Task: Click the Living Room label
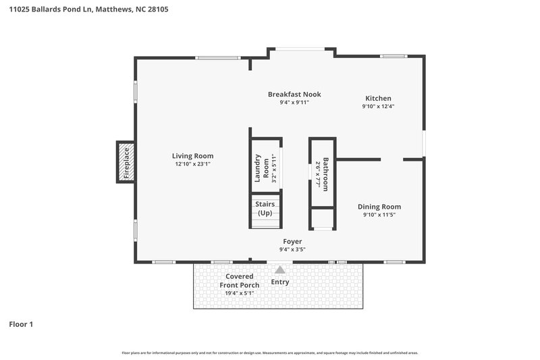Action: pyautogui.click(x=192, y=156)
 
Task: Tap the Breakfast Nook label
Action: pyautogui.click(x=294, y=95)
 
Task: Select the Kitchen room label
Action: pyautogui.click(x=378, y=98)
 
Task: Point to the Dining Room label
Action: pyautogui.click(x=379, y=207)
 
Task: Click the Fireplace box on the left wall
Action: pyautogui.click(x=126, y=162)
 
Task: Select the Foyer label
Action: pyautogui.click(x=292, y=241)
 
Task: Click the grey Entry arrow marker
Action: pyautogui.click(x=279, y=269)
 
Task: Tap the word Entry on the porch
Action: pyautogui.click(x=279, y=282)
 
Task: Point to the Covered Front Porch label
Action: pyautogui.click(x=240, y=280)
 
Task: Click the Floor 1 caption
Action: pyautogui.click(x=21, y=324)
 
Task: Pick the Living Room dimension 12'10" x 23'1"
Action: pyautogui.click(x=192, y=164)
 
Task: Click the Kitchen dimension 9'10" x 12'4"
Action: pyautogui.click(x=378, y=106)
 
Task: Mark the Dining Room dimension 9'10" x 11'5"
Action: pyautogui.click(x=379, y=215)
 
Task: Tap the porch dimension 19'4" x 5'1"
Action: pyautogui.click(x=240, y=293)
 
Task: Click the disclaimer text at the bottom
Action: pyautogui.click(x=270, y=353)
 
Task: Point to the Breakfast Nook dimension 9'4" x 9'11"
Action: pyautogui.click(x=294, y=103)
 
